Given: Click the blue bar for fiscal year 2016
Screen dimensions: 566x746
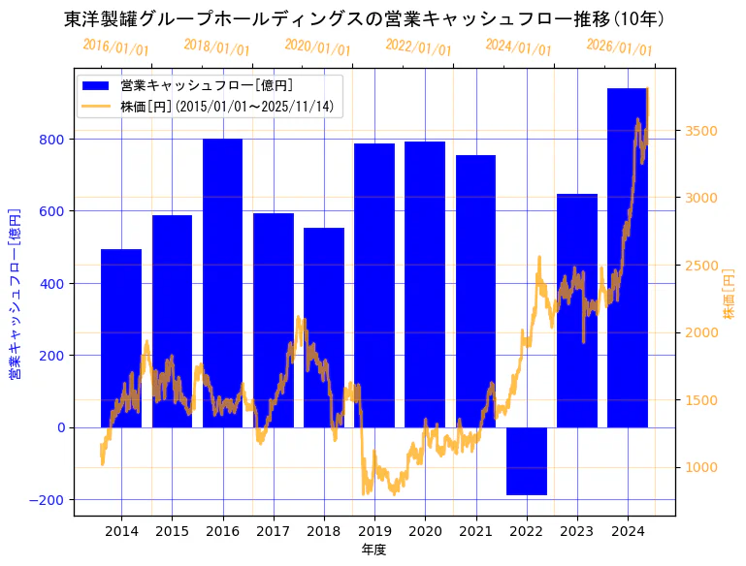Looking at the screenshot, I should point(222,281).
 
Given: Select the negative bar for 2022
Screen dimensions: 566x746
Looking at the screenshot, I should point(527,461).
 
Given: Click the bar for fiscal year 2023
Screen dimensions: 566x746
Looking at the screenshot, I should point(577,310).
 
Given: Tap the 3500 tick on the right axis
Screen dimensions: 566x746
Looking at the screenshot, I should point(701,131).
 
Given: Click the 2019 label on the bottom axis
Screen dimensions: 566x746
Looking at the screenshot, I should point(374,531).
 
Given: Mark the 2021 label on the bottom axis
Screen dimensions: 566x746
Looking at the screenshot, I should point(475,531).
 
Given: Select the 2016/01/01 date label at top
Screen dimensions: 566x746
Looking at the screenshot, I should point(115,47).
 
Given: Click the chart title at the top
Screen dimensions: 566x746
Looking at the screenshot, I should point(364,18).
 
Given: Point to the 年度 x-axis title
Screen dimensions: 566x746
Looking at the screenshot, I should point(373,550).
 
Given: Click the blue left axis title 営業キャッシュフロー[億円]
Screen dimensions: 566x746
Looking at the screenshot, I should point(15,292).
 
